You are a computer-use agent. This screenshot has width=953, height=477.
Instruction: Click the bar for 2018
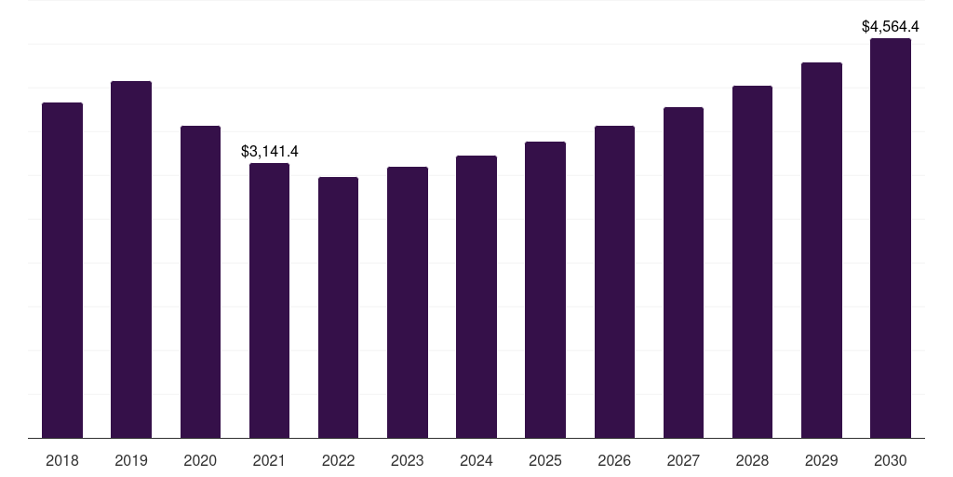[62, 270]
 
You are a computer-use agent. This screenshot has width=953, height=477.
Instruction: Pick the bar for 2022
[338, 307]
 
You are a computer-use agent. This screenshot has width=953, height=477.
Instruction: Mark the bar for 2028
[752, 262]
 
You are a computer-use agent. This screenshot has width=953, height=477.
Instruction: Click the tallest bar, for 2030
[891, 238]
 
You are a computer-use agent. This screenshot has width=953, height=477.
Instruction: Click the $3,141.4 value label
[269, 151]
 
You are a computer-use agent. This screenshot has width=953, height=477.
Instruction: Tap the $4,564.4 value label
[891, 26]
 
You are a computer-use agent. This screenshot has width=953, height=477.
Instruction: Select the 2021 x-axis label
[269, 460]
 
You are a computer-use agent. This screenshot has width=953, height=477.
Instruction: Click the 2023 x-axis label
[408, 460]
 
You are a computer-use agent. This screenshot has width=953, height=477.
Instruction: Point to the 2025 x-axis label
[545, 460]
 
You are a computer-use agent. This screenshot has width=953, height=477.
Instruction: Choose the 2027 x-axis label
[683, 460]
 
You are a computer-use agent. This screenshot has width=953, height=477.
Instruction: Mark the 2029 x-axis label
[822, 460]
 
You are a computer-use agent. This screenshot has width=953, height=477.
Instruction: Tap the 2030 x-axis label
[891, 460]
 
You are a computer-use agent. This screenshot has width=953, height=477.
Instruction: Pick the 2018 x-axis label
[62, 460]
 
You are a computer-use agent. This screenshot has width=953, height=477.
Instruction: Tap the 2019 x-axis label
[131, 460]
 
